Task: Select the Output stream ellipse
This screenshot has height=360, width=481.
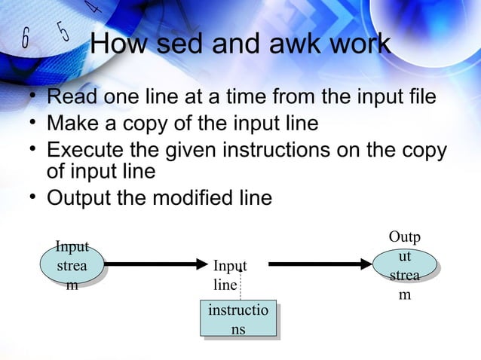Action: click(x=405, y=265)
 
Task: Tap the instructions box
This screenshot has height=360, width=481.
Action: click(x=237, y=319)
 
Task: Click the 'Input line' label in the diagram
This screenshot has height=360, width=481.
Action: click(x=229, y=276)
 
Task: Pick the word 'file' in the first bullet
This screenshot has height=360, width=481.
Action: click(x=418, y=98)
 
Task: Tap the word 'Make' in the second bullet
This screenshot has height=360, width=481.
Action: click(x=74, y=123)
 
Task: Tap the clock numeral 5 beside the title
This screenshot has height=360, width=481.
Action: click(x=63, y=32)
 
